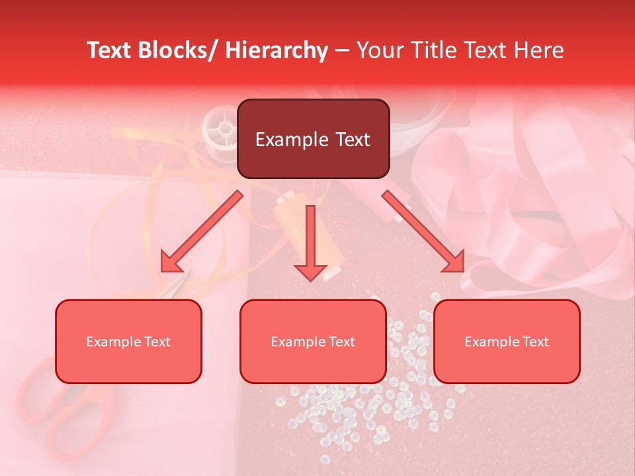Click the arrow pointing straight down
click(x=310, y=245)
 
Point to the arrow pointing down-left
click(x=198, y=235)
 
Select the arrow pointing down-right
click(x=427, y=235)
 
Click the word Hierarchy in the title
click(x=276, y=50)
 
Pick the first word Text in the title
click(x=108, y=50)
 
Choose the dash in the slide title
click(x=342, y=50)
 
